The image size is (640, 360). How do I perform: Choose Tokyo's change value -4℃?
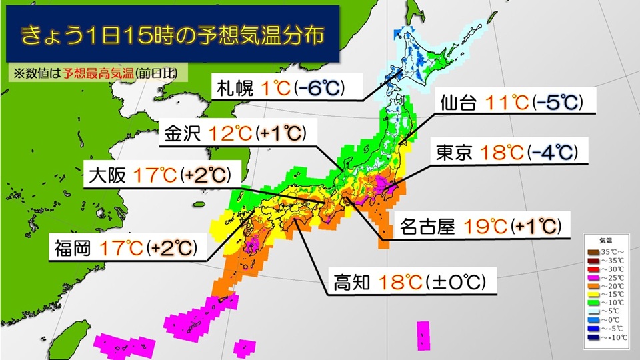click(551, 153)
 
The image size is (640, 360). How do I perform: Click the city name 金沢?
click(183, 133)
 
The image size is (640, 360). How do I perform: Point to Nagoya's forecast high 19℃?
click(487, 227)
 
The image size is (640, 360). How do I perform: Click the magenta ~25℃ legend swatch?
click(592, 277)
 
